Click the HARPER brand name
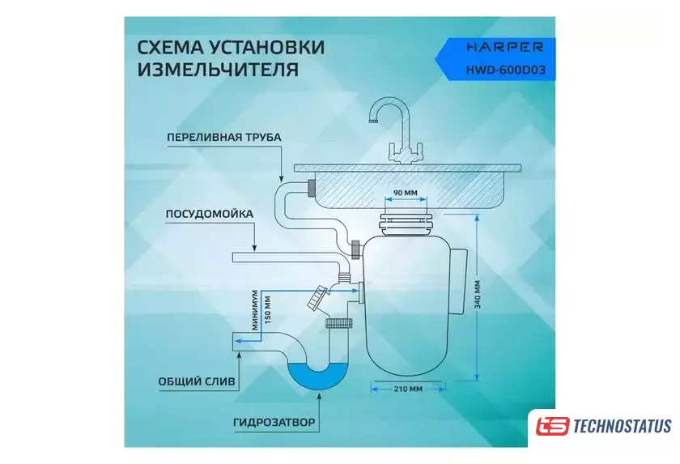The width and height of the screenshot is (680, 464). pyautogui.click(x=504, y=47)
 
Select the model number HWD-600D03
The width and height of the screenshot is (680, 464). pyautogui.click(x=506, y=70)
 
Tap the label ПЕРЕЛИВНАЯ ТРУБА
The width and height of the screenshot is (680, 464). pyautogui.click(x=224, y=137)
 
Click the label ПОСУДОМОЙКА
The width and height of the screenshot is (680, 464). pyautogui.click(x=210, y=214)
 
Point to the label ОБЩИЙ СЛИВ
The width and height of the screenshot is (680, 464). pyautogui.click(x=197, y=381)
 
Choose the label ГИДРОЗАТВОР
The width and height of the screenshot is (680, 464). pyautogui.click(x=274, y=422)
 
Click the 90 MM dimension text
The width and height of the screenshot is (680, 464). pyautogui.click(x=405, y=193)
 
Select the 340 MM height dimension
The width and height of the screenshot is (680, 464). pyautogui.click(x=478, y=294)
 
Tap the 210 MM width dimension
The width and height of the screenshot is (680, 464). pyautogui.click(x=408, y=389)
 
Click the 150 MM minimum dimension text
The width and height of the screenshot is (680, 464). pyautogui.click(x=267, y=309)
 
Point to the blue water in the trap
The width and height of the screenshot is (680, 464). pyautogui.click(x=318, y=377)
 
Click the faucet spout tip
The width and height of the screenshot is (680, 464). pyautogui.click(x=372, y=121)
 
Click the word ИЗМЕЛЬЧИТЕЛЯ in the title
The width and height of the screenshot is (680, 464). pyautogui.click(x=218, y=70)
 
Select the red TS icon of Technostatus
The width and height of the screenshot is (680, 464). pyautogui.click(x=551, y=426)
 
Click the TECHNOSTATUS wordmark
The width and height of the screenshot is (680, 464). pyautogui.click(x=623, y=426)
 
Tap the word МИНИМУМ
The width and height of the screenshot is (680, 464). pyautogui.click(x=255, y=309)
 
